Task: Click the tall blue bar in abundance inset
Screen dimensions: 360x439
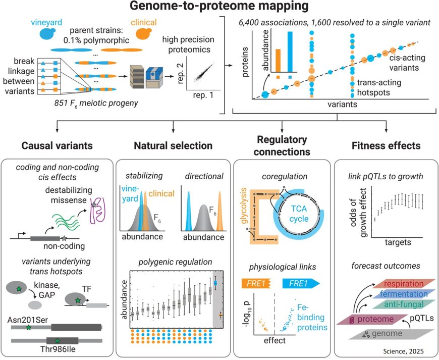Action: tap(290, 53)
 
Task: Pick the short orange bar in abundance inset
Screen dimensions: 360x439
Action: tap(277, 61)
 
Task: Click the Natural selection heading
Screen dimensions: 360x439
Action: tap(173, 146)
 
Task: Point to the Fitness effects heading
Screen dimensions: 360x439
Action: tap(385, 146)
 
